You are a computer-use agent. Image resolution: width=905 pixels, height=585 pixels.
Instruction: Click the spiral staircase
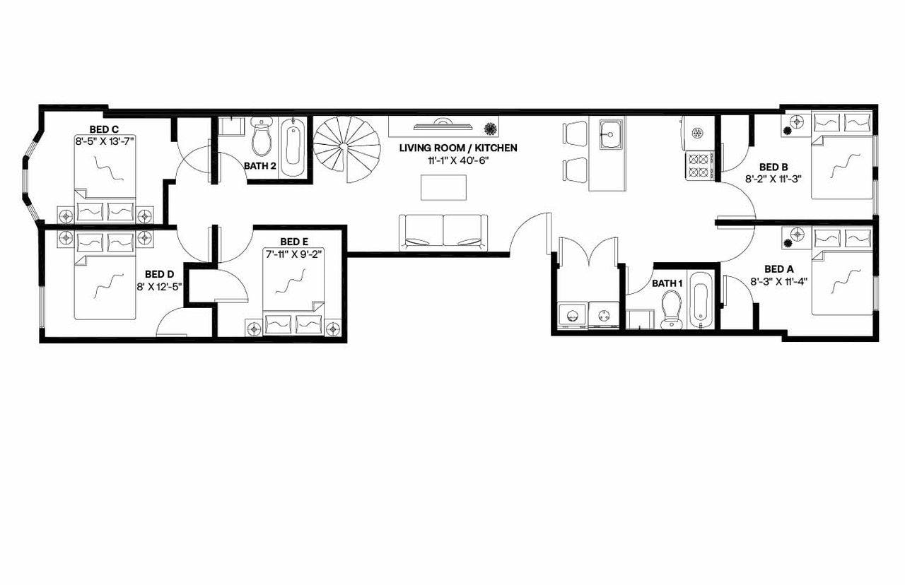click(346, 148)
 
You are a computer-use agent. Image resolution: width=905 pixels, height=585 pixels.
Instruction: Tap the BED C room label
click(104, 129)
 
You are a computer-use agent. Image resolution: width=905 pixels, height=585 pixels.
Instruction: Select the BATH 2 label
click(260, 166)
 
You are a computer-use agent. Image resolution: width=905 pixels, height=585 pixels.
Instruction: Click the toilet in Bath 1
click(670, 311)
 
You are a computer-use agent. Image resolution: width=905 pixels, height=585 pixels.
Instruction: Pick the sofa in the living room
click(444, 232)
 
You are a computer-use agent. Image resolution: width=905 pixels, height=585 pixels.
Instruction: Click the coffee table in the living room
click(443, 187)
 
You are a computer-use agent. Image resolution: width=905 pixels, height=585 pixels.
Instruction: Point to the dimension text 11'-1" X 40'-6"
click(458, 160)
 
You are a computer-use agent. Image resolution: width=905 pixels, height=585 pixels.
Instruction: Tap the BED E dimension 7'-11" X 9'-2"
click(293, 252)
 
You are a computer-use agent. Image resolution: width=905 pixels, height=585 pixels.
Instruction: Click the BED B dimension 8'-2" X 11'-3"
click(773, 179)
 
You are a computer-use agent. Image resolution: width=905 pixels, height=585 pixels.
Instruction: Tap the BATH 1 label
click(667, 283)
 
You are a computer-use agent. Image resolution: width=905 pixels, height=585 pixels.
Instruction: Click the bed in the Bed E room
click(293, 297)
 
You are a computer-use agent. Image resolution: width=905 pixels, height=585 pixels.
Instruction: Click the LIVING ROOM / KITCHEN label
click(458, 148)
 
